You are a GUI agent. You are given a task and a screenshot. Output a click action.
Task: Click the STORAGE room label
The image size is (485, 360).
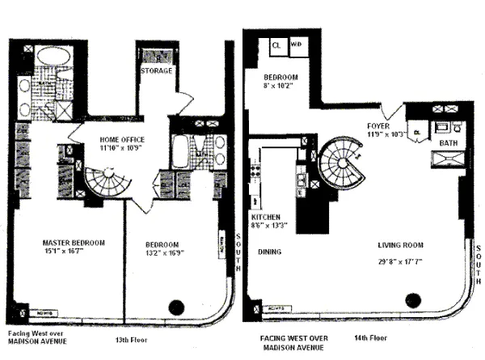[156, 71]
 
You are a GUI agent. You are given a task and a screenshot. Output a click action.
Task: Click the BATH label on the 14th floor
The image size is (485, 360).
[448, 142]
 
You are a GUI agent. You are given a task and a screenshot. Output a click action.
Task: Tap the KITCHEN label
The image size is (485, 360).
[266, 218]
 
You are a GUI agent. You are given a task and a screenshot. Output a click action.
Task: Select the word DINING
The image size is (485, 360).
[270, 252]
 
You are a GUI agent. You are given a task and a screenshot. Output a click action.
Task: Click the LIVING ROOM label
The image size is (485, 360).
[402, 244]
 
